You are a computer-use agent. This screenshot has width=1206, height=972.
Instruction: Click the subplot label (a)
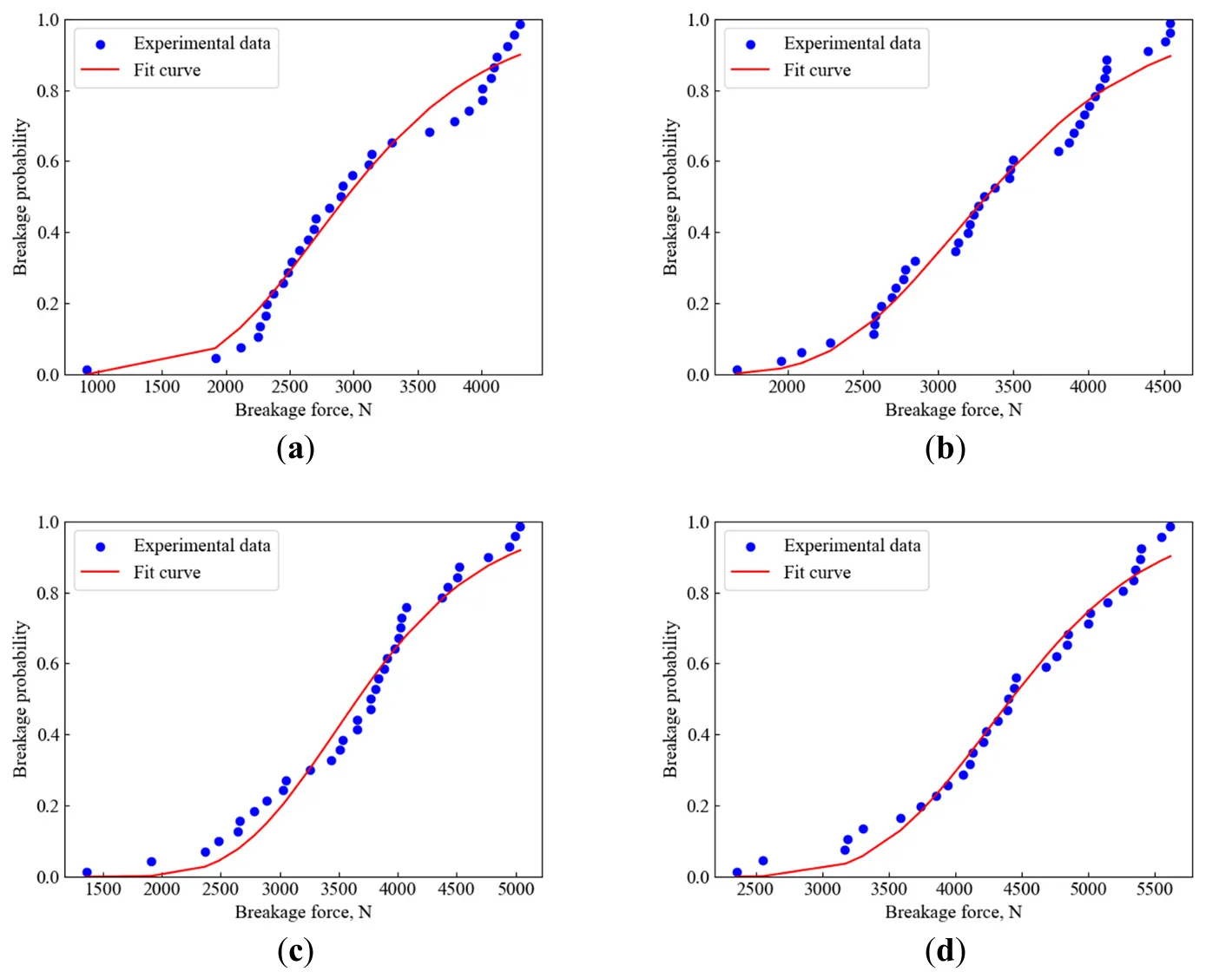coord(295,449)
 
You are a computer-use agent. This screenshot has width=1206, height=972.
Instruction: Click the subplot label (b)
coord(946,449)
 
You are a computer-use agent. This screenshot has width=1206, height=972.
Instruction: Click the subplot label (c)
coord(295,951)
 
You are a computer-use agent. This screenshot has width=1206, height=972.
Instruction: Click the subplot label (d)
coord(946,951)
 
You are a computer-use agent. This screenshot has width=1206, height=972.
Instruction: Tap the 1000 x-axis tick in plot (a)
coord(97,387)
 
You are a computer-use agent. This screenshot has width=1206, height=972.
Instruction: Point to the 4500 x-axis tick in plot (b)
coord(1163,387)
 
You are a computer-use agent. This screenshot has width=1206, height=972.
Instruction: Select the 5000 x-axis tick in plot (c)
coord(516,890)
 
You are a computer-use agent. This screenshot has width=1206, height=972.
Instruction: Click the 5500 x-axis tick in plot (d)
coord(1155,890)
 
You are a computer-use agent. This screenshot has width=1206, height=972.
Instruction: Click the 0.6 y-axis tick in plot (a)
coord(48,161)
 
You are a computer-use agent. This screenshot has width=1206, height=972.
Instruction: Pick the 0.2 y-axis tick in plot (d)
coord(698,806)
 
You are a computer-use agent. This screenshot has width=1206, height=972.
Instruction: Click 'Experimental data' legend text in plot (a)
coord(201,43)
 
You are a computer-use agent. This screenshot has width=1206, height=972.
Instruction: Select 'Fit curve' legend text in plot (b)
coord(817,70)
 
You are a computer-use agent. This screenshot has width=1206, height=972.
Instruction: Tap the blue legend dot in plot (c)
coord(100,547)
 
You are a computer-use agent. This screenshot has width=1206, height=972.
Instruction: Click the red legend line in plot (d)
coord(750,573)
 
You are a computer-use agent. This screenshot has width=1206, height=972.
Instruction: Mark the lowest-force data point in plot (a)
coord(87,370)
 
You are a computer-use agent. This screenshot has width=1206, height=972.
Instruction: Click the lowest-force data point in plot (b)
coord(737,370)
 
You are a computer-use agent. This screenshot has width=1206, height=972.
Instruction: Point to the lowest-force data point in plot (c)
coord(87,872)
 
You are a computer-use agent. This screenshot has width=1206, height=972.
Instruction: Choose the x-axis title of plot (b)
coord(953,410)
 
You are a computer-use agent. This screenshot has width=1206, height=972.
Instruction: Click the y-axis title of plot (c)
coord(21,699)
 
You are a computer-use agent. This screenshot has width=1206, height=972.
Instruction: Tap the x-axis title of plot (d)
coord(953,912)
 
